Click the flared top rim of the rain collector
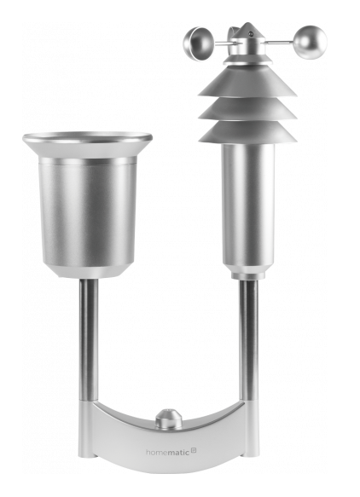(88, 138)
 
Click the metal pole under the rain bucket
(88, 341)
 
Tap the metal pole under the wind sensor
(248, 341)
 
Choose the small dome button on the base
(167, 419)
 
